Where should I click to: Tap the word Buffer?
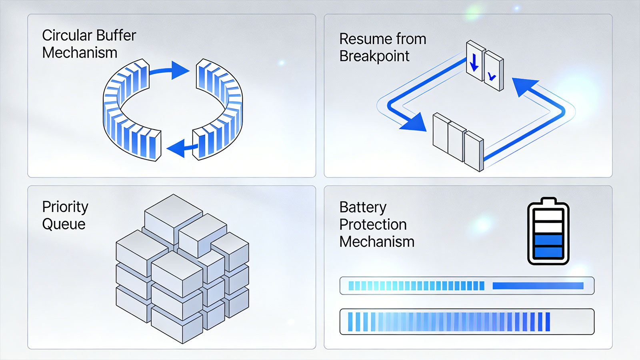(116, 36)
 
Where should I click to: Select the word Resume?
(365, 39)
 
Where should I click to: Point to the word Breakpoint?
(374, 56)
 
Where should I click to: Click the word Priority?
(65, 207)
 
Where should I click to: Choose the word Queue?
(64, 224)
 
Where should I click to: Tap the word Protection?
(373, 224)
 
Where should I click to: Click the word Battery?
(363, 208)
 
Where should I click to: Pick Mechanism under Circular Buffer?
(80, 53)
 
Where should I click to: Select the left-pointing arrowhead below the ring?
(176, 148)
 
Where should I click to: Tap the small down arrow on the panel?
(474, 62)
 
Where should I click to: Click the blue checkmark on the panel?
(492, 76)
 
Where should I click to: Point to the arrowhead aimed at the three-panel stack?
(414, 123)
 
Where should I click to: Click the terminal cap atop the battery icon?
(548, 201)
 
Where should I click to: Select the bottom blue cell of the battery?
(548, 252)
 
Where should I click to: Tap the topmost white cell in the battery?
(548, 215)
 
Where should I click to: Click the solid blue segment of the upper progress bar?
(538, 286)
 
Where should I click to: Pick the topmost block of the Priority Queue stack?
(174, 218)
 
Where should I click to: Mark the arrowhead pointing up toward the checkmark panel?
(524, 87)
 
